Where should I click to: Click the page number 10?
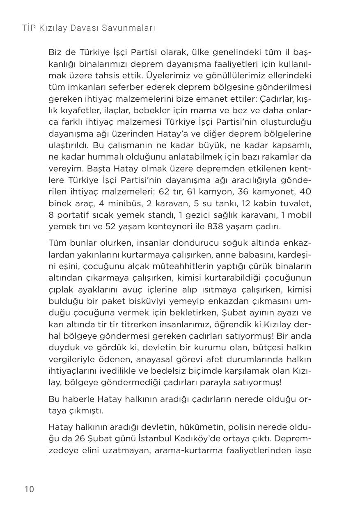[x=29, y=489]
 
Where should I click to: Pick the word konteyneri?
[x=158, y=226]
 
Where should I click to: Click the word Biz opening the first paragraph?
[x=54, y=52]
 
